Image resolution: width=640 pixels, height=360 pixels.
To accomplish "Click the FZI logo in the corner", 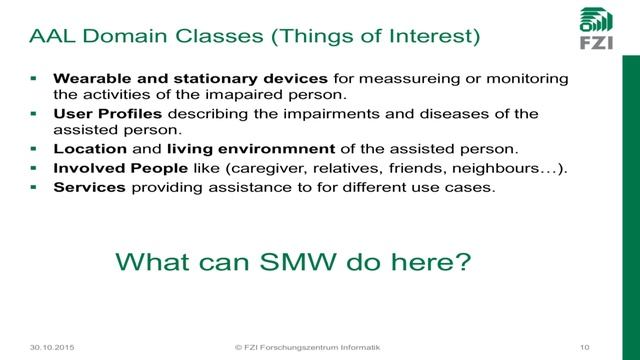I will click(599, 30).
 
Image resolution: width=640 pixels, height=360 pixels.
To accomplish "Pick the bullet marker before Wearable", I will click(34, 78).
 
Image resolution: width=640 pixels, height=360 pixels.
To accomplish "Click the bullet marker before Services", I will click(34, 186).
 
